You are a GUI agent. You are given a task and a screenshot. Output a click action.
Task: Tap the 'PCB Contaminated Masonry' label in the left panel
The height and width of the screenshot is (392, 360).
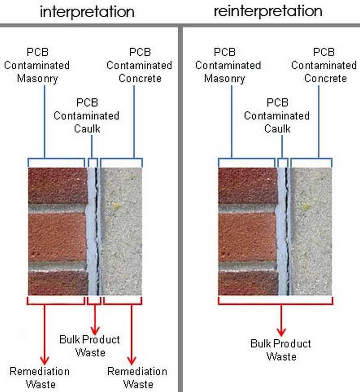click(x=37, y=65)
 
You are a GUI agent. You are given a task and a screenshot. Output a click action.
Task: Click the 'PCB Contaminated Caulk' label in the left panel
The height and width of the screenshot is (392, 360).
click(x=86, y=115)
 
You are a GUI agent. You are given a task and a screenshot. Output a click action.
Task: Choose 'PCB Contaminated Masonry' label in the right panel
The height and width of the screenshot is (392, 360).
click(x=228, y=65)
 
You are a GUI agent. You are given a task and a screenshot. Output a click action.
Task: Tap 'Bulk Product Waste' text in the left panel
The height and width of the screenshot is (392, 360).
click(x=90, y=345)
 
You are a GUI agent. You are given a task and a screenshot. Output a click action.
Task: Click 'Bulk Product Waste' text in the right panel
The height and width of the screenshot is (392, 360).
click(x=281, y=350)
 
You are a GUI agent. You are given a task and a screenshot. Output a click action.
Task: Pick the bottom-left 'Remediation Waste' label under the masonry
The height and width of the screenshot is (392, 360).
click(x=40, y=378)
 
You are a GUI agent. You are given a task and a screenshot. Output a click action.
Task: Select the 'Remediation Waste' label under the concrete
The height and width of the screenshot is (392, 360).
click(x=137, y=378)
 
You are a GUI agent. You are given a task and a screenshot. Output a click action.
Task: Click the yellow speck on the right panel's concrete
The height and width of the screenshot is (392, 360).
click(x=307, y=206)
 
